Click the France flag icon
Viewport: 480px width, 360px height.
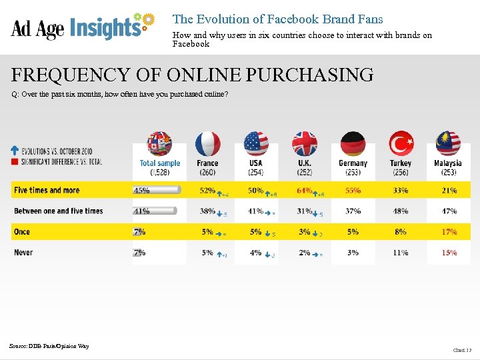(207, 143)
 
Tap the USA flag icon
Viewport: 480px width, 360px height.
(256, 143)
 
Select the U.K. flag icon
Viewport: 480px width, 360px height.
(305, 143)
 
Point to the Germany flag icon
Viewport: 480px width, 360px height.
(353, 143)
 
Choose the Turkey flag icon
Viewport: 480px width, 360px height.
(401, 143)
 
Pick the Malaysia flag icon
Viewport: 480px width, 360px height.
(448, 143)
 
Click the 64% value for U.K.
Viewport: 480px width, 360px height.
(304, 191)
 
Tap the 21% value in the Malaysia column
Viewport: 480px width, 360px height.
(449, 191)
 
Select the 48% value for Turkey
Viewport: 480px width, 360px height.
(401, 211)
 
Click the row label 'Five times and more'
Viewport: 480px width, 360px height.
(47, 191)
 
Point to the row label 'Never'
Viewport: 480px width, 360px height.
(23, 253)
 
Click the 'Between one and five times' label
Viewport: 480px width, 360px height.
(59, 211)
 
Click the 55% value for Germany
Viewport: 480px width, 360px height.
(353, 191)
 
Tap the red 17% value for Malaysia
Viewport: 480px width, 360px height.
(449, 232)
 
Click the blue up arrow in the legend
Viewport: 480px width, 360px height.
(15, 151)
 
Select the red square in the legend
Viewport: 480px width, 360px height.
(15, 161)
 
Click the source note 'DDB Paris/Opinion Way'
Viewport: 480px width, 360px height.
(49, 346)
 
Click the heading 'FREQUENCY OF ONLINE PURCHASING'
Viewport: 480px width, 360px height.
(193, 75)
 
